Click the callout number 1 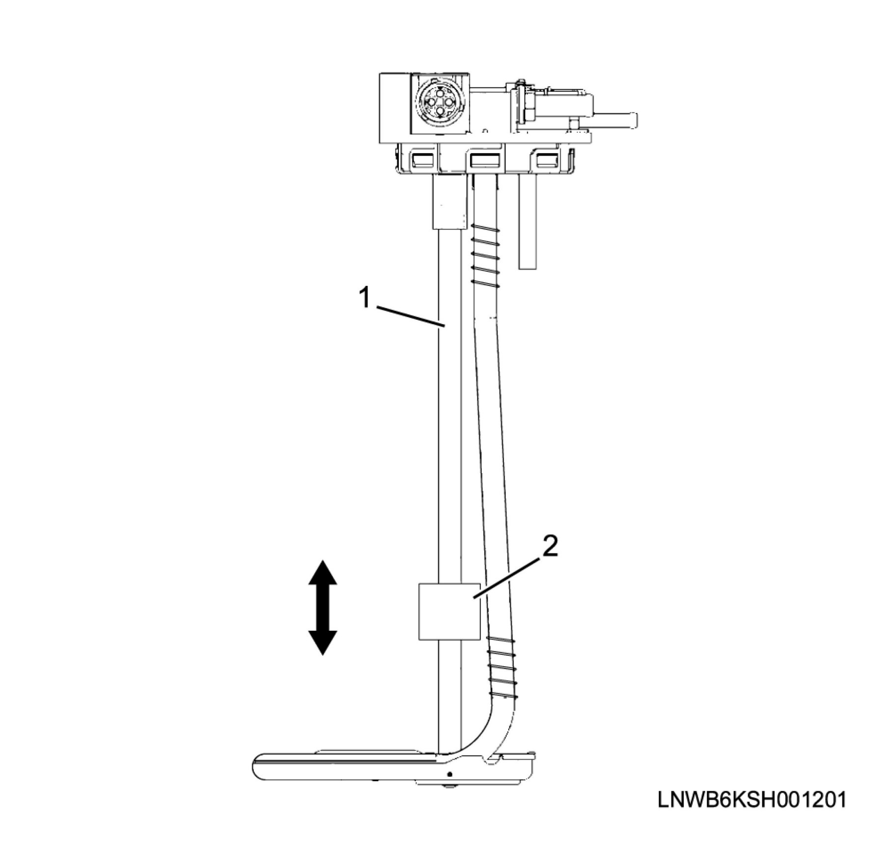tap(364, 298)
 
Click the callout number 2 tap(551, 546)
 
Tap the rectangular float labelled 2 tap(449, 612)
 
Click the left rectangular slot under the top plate tap(422, 160)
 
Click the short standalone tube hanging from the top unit tap(527, 221)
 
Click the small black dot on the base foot tap(449, 774)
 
